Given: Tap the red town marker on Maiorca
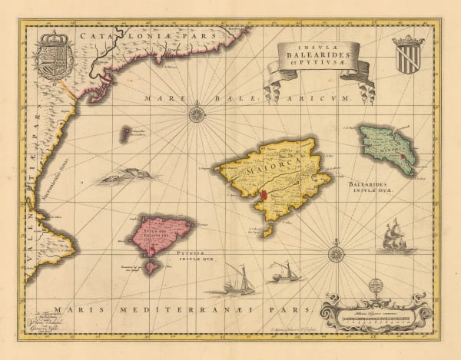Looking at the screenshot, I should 263,195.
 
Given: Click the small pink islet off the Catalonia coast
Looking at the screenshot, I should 124,134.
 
